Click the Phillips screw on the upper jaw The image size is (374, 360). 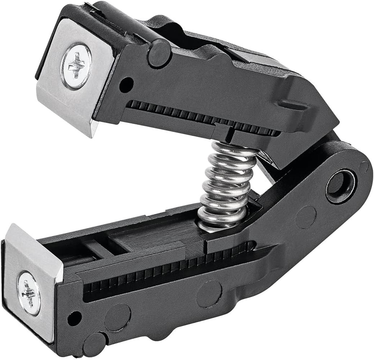click(x=76, y=66)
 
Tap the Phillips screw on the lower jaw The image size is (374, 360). click(x=29, y=293)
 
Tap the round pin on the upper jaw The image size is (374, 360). click(x=159, y=54)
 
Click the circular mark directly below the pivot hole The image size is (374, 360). click(x=306, y=217)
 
